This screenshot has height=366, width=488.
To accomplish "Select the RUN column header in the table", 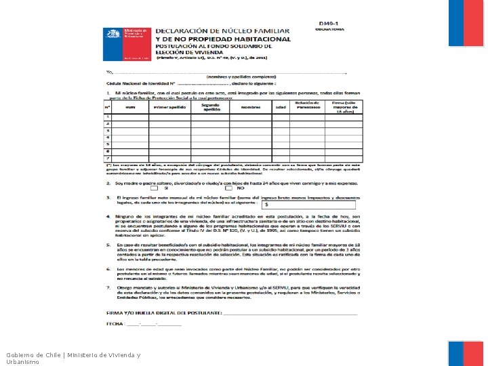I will tap(131, 107).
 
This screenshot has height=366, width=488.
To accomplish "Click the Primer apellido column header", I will tap(169, 107).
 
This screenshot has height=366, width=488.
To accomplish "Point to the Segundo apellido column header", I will tap(210, 106).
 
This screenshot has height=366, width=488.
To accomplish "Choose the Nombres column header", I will tap(251, 107).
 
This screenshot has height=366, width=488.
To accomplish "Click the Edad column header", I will tap(280, 107).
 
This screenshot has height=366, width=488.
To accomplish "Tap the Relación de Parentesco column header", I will tap(307, 105).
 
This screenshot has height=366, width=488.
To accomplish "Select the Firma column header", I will tap(343, 106).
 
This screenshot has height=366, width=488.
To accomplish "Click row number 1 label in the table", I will tap(107, 117).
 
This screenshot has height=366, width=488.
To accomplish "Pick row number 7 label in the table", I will tap(107, 157).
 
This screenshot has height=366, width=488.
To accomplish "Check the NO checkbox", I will tap(230, 188).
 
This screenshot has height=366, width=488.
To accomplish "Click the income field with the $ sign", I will tap(308, 203).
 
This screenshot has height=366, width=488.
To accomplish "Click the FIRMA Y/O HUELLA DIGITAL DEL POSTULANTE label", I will tap(163, 312).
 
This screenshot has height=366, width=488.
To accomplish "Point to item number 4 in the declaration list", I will tap(108, 216).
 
